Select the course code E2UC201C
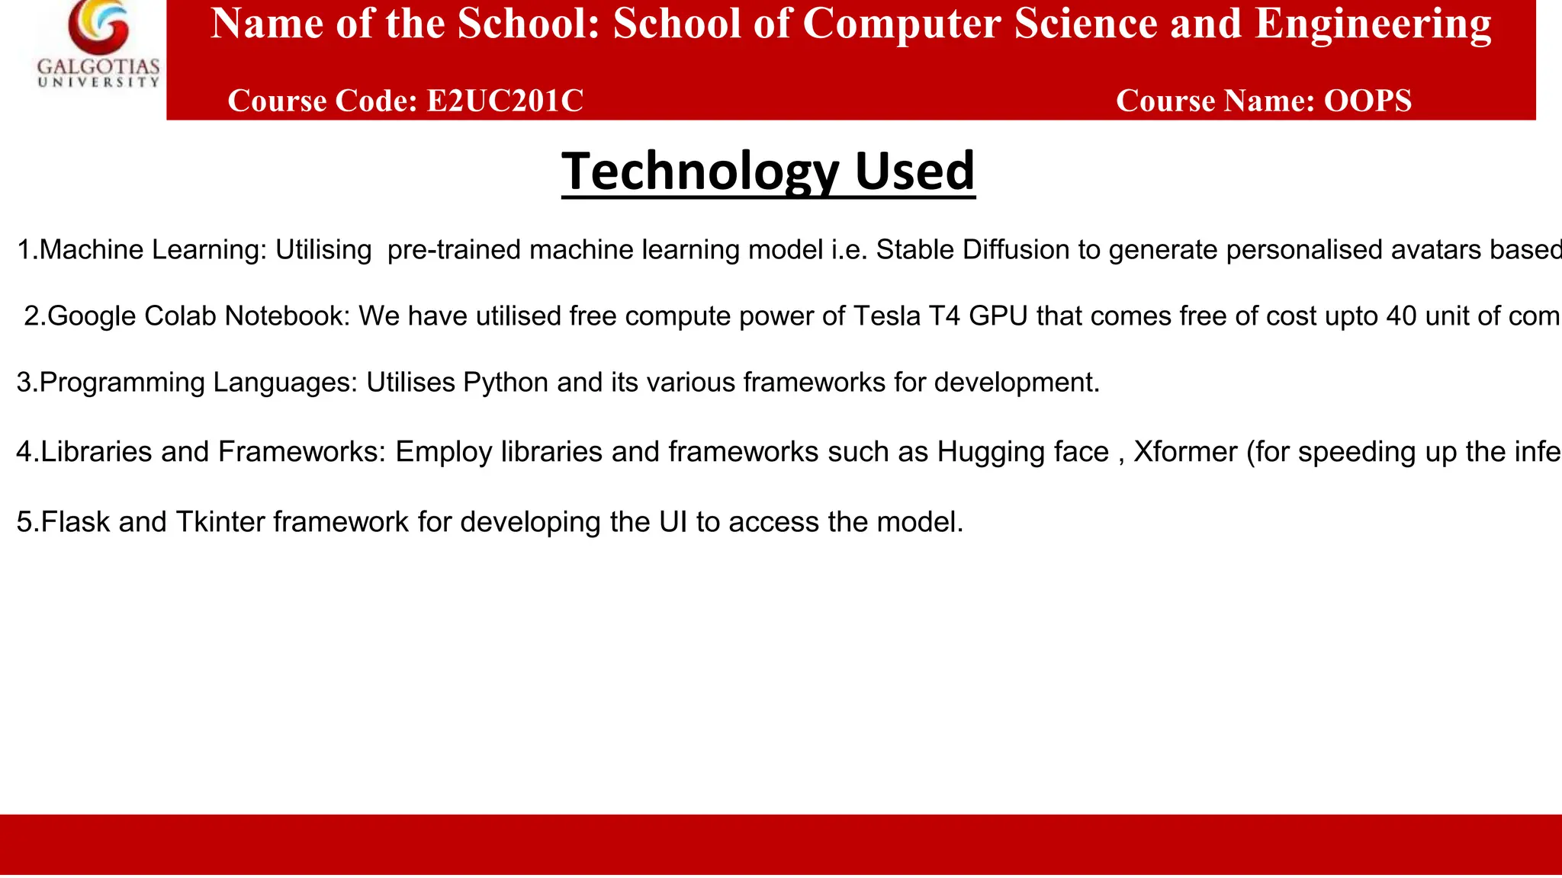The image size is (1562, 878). [x=505, y=101]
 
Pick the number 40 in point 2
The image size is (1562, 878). [x=1401, y=316]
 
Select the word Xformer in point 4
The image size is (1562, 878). [x=1185, y=452]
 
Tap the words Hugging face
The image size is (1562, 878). [x=1023, y=452]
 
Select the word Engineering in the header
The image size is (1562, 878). [x=1373, y=24]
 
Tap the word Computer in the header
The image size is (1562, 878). [x=902, y=24]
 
